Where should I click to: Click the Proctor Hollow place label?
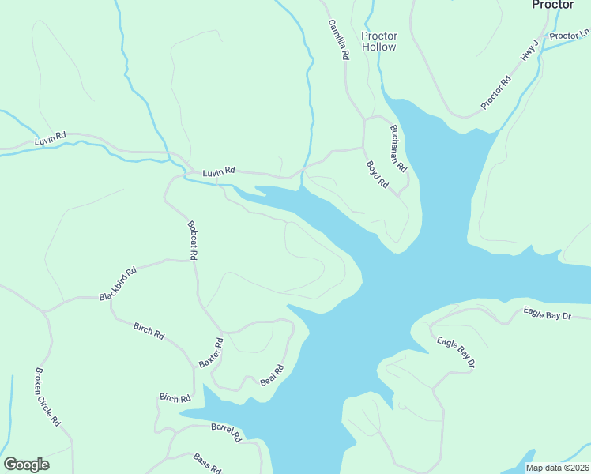click(379, 41)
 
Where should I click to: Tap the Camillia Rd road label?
click(339, 40)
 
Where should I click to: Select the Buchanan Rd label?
click(397, 149)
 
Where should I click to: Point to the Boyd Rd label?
click(378, 175)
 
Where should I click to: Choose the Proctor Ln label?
click(569, 36)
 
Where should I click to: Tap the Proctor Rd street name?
click(495, 92)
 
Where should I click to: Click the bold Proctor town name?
click(552, 5)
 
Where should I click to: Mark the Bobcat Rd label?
click(192, 240)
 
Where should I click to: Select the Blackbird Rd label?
click(118, 284)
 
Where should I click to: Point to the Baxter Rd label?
click(211, 352)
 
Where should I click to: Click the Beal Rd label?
click(272, 375)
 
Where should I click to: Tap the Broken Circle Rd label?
click(47, 397)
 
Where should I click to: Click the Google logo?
click(26, 465)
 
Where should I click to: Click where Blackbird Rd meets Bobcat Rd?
click(194, 259)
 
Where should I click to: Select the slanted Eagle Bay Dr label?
click(455, 353)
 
